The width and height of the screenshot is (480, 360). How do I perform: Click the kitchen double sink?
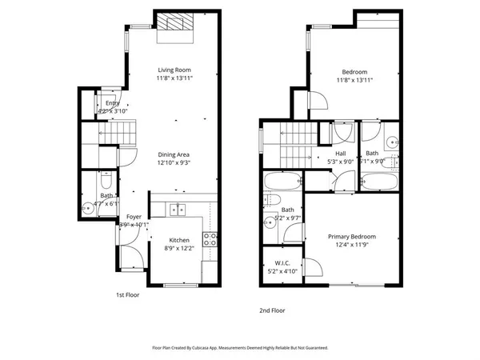pyautogui.click(x=176, y=210)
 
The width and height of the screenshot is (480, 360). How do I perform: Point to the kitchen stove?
pyautogui.click(x=211, y=238)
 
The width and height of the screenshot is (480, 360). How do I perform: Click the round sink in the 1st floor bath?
pyautogui.click(x=89, y=210)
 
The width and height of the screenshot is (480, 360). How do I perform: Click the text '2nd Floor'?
pyautogui.click(x=271, y=310)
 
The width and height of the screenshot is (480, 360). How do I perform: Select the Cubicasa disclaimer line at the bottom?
pyautogui.click(x=240, y=348)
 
